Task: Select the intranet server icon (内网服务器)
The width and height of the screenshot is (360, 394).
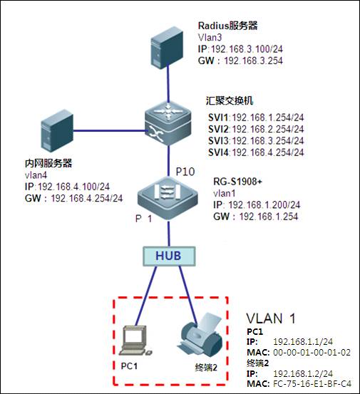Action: (x=57, y=131)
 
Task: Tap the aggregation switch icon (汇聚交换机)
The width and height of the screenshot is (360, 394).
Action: (x=168, y=125)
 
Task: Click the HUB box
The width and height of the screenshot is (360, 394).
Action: (x=169, y=256)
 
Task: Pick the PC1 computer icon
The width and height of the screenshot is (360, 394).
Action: (x=135, y=341)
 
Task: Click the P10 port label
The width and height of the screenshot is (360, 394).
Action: (x=185, y=172)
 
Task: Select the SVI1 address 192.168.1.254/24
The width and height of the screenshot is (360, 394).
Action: (x=268, y=118)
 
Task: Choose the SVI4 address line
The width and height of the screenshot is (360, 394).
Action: (x=256, y=152)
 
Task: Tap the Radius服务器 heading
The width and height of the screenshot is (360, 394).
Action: (x=228, y=26)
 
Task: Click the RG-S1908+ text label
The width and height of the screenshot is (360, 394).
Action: (x=238, y=182)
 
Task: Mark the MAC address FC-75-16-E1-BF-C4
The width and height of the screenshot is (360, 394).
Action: (x=312, y=384)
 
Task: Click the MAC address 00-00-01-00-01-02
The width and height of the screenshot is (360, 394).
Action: (x=312, y=352)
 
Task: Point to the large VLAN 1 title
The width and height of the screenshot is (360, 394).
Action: (x=271, y=318)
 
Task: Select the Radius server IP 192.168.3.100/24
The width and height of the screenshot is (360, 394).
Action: (x=247, y=49)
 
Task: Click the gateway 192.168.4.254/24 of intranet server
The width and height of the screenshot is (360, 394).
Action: (x=87, y=198)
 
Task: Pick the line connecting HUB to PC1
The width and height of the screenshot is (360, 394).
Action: (x=146, y=296)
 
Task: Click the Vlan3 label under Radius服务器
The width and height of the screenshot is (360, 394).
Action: (x=210, y=38)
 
